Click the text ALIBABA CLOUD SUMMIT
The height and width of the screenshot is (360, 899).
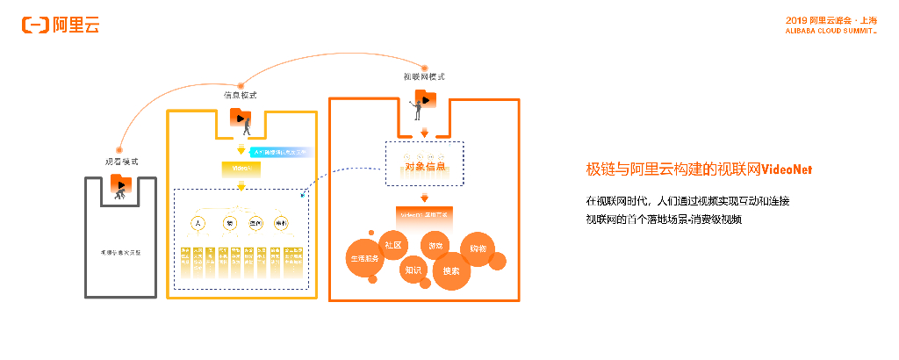(x=831, y=31)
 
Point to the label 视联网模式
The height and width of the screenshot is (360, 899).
(x=424, y=76)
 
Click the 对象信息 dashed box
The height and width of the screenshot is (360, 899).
(x=425, y=164)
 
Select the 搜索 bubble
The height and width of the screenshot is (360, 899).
(x=451, y=271)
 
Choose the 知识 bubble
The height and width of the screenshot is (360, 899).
(x=414, y=270)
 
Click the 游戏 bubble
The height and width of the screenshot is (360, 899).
(x=436, y=247)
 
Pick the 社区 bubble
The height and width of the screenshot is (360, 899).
(x=393, y=245)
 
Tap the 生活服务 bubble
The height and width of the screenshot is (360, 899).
(x=364, y=259)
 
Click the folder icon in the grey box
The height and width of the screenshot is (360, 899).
(x=120, y=184)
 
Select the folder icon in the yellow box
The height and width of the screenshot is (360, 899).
(x=240, y=117)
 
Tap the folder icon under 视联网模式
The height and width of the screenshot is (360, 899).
(x=425, y=98)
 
